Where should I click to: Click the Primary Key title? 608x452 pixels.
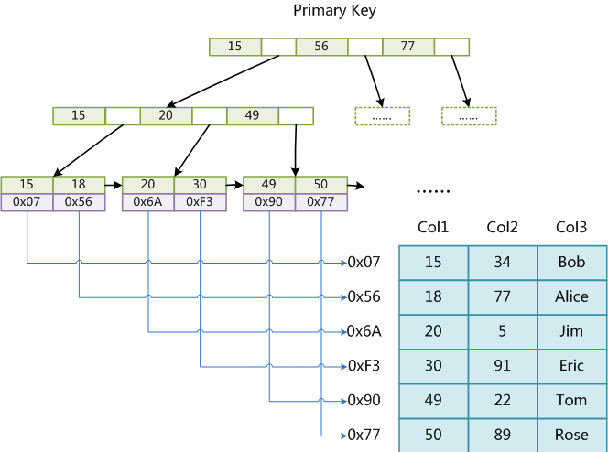tap(334, 10)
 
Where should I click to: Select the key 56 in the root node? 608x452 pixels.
tap(321, 47)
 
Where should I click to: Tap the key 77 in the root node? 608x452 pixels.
tap(407, 47)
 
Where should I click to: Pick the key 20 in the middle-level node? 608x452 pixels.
tap(166, 116)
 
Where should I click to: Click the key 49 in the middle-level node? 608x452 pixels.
tap(253, 116)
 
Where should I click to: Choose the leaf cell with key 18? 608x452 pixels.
tap(79, 185)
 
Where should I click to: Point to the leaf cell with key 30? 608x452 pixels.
tap(201, 185)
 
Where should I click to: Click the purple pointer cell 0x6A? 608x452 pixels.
tap(148, 202)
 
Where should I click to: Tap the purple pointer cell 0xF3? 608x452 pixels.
tap(201, 202)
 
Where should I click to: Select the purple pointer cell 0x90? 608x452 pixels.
tap(269, 202)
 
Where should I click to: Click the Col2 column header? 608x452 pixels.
tap(502, 227)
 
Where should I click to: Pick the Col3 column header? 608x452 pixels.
tap(571, 227)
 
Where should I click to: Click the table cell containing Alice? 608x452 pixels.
tap(572, 297)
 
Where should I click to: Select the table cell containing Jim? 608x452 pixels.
tap(572, 331)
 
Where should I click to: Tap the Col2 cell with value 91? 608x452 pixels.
tap(503, 366)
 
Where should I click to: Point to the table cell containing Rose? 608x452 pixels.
tap(572, 435)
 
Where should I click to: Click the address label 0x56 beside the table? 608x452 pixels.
tap(364, 297)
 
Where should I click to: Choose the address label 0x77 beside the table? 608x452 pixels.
tap(364, 435)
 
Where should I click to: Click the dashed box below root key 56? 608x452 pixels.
tap(383, 116)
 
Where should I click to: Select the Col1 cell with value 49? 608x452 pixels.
tap(433, 401)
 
